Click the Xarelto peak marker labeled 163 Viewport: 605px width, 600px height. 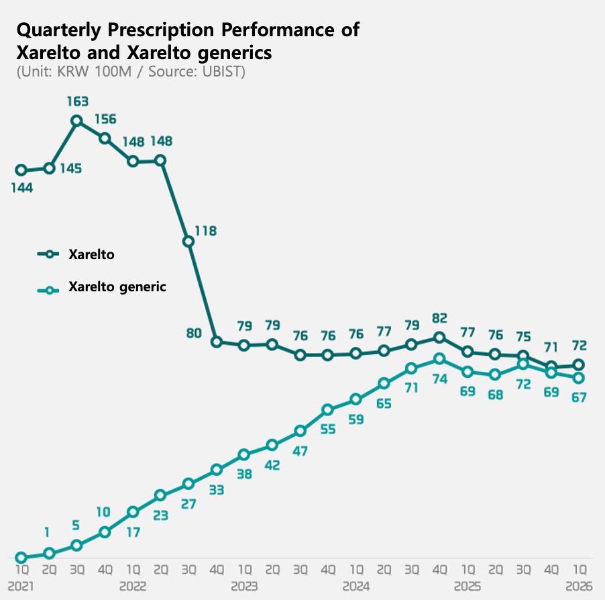(77, 121)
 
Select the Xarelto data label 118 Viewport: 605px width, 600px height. (205, 231)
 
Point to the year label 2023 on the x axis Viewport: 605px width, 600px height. (244, 586)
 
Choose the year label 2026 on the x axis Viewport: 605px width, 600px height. (579, 586)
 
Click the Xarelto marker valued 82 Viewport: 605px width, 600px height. (439, 338)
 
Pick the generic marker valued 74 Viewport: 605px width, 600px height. (439, 358)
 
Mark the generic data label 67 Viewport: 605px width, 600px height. (579, 397)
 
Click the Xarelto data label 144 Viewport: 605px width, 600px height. (21, 188)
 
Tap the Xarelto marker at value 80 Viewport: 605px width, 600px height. (217, 342)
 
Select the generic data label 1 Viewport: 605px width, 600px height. (48, 533)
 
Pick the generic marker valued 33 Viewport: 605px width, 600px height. (217, 469)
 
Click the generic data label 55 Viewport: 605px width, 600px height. (328, 429)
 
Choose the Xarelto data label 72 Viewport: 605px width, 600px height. (579, 346)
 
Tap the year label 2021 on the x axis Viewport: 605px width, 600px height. (20, 586)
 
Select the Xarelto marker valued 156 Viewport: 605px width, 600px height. (105, 138)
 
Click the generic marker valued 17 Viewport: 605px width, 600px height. (133, 512)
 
